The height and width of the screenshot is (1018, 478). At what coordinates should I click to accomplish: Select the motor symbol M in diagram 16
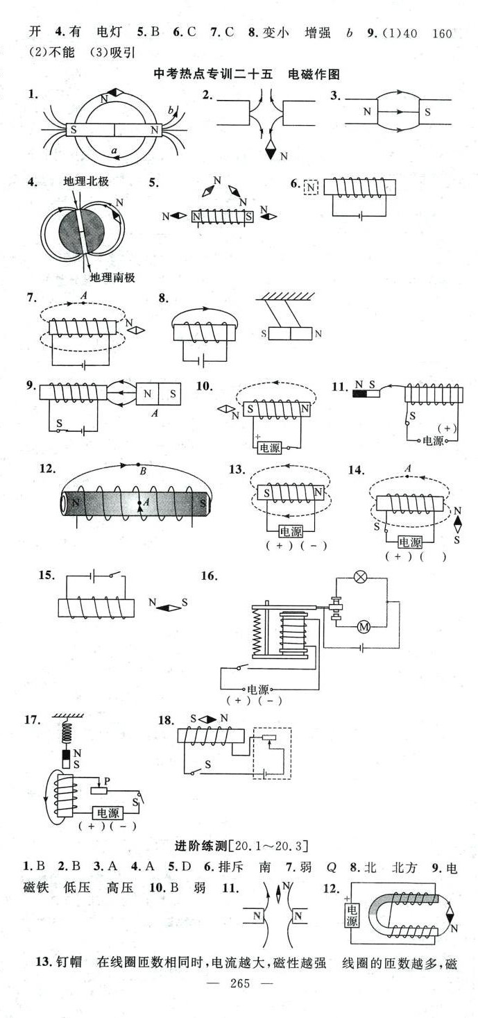(364, 627)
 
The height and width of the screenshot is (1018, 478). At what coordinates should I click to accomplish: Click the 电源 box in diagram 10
(269, 448)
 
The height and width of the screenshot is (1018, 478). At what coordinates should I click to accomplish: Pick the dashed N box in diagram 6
(311, 187)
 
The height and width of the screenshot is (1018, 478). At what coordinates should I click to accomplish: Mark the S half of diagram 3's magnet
(427, 110)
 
